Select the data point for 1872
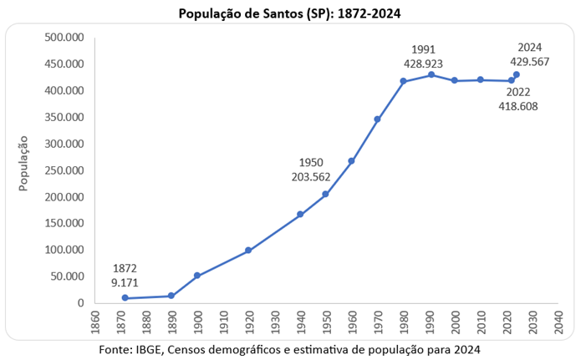(125, 298)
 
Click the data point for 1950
(325, 195)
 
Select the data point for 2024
(517, 74)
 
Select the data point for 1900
(197, 276)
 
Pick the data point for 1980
(403, 81)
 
